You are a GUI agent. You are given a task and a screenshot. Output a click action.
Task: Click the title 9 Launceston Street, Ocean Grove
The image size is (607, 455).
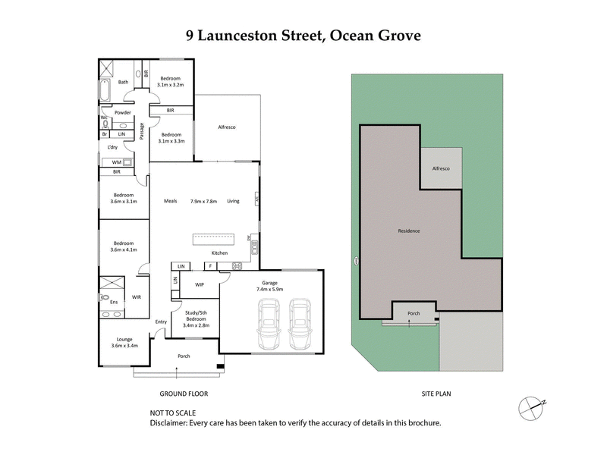pyautogui.click(x=303, y=36)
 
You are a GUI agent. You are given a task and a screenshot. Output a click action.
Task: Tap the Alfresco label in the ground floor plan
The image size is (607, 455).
pyautogui.click(x=226, y=127)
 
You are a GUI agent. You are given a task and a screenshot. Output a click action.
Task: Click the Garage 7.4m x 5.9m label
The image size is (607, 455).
pyautogui.click(x=269, y=284)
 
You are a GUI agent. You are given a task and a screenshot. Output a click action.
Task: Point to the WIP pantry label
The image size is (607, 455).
pyautogui.click(x=200, y=285)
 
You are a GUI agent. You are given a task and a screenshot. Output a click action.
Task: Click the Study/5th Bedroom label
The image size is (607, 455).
pyautogui.click(x=197, y=321)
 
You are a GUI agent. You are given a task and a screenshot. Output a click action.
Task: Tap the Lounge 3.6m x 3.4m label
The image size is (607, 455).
pyautogui.click(x=124, y=343)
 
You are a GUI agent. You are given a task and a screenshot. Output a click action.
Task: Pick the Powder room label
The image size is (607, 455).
pyautogui.click(x=122, y=112)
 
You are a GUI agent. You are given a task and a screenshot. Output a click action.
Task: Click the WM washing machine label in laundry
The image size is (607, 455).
pyautogui.click(x=117, y=162)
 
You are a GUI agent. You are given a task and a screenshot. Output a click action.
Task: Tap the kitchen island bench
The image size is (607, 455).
pyautogui.click(x=215, y=238)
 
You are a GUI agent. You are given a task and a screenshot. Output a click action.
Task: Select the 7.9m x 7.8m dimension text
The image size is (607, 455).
pyautogui.click(x=203, y=201)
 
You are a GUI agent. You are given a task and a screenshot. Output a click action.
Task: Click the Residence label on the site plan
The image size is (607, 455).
pyautogui.click(x=409, y=231)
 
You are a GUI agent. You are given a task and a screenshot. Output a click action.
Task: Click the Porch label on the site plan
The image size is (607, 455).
pyautogui.click(x=414, y=312)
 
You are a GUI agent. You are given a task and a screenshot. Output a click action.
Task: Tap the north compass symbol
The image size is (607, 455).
pyautogui.click(x=532, y=407)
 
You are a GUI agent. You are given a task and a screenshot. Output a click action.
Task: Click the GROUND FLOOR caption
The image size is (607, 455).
pyautogui.click(x=183, y=394)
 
